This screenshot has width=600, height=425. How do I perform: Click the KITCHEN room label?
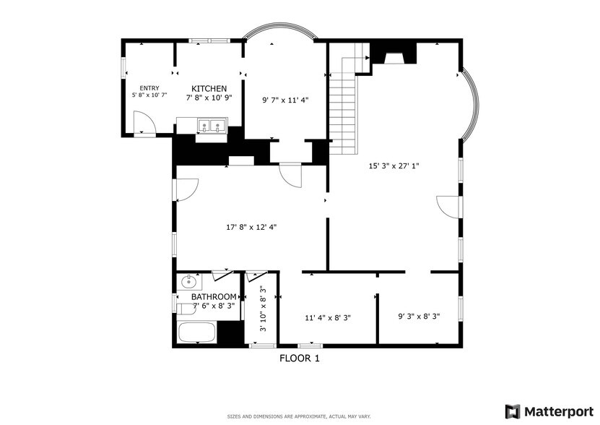[209, 88]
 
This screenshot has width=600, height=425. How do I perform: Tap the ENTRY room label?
[149, 88]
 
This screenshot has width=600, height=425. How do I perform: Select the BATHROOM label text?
[214, 297]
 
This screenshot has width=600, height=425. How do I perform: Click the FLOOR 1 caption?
[300, 359]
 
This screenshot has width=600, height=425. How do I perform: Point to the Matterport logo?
[549, 411]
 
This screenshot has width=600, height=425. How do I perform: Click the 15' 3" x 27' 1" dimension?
[394, 166]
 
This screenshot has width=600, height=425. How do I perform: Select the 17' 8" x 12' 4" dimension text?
[251, 227]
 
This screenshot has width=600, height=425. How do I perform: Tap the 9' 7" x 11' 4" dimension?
[285, 100]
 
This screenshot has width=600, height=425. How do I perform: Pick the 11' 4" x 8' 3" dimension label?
[328, 318]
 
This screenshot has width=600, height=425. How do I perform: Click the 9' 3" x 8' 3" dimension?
[419, 317]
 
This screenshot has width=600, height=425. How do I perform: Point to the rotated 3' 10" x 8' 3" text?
[263, 309]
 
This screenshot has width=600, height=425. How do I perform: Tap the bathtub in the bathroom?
[197, 332]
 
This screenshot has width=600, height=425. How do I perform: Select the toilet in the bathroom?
[186, 309]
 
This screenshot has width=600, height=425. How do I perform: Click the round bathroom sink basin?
[188, 283]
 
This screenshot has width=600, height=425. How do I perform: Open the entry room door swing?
[144, 123]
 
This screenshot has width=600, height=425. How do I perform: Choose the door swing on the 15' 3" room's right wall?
[448, 207]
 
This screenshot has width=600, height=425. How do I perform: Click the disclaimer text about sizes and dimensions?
[299, 416]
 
